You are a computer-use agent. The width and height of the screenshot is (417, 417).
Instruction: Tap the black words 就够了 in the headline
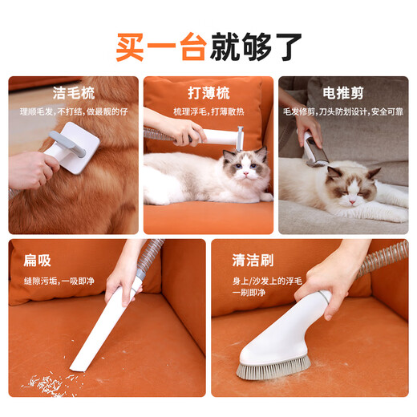tap(256, 47)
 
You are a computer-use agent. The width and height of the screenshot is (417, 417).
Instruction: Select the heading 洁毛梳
tap(75, 91)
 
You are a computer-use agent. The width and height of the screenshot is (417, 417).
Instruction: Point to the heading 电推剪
tap(343, 91)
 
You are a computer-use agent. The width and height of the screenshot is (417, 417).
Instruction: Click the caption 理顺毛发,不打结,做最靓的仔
tap(75, 110)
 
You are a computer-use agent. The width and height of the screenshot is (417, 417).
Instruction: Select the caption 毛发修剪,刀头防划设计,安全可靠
tap(343, 110)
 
